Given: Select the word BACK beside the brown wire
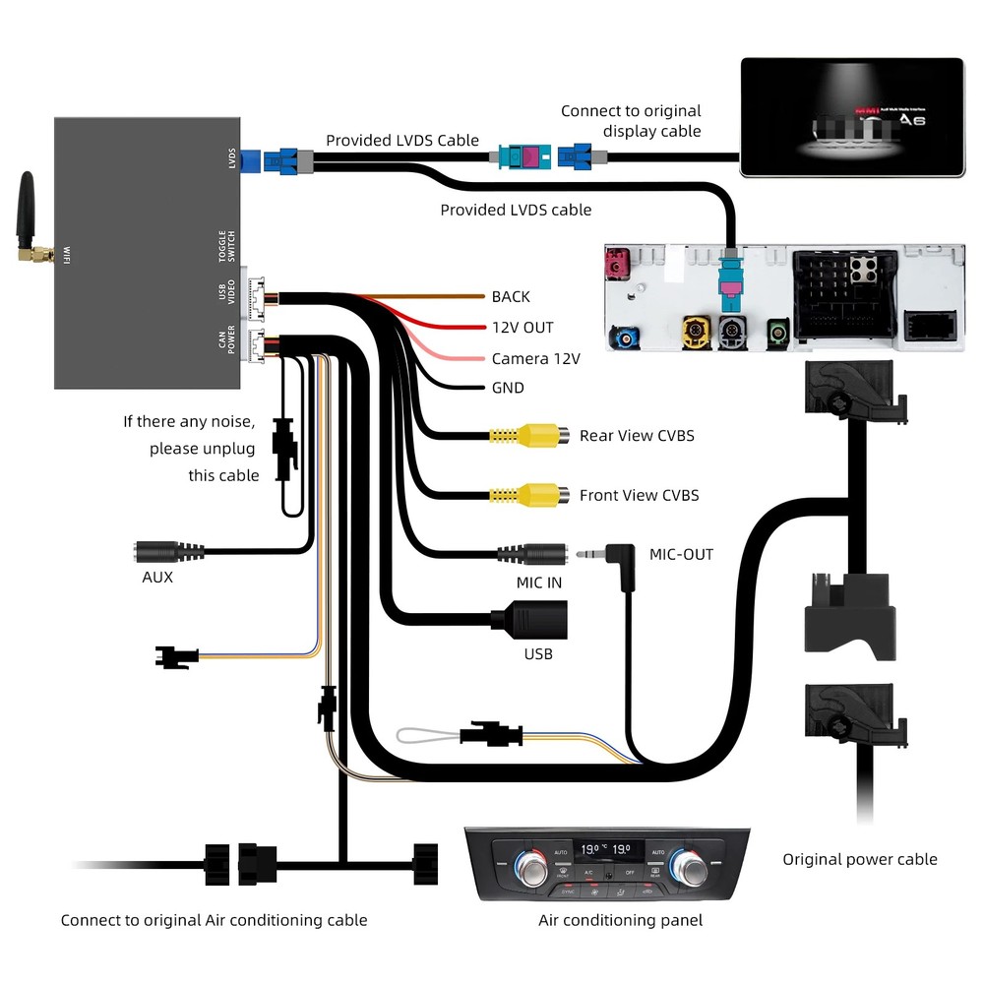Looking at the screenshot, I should [511, 296].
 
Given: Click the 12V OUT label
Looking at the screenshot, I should [523, 327].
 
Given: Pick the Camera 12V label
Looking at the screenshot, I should [535, 358].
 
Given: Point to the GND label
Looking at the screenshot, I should [508, 388].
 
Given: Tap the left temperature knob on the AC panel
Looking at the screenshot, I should [532, 867].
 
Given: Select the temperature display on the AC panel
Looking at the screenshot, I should [606, 848].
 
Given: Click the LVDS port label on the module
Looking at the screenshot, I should [232, 157].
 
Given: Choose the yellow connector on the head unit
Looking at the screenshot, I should [696, 332].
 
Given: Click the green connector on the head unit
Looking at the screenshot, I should [779, 332].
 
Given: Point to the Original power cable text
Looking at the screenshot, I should [859, 859].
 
